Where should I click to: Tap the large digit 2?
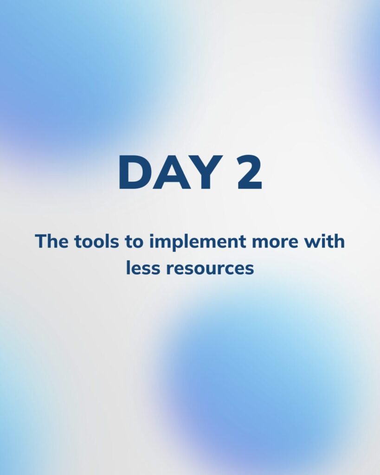(x=249, y=172)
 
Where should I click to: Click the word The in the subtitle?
(x=52, y=241)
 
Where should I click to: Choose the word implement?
(x=198, y=242)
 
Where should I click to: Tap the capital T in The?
(x=41, y=241)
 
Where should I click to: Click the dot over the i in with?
(x=322, y=235)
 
